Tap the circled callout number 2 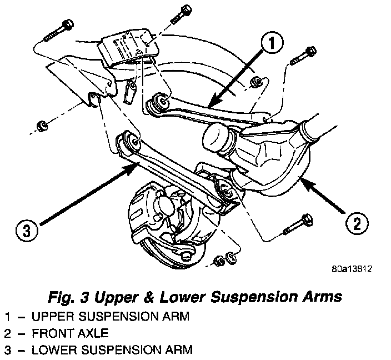(355, 224)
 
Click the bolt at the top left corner (58, 31)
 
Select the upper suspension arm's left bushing (159, 102)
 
